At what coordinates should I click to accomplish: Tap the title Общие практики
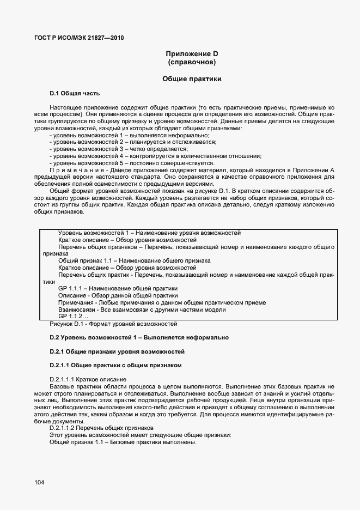pyautogui.click(x=192, y=79)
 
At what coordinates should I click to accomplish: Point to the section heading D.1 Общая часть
pyautogui.click(x=75, y=93)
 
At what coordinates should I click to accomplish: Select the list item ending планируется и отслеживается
pyautogui.click(x=132, y=142)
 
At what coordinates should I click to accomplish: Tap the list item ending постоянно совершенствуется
pyautogui.click(x=131, y=163)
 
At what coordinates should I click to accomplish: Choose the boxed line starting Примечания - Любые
pyautogui.click(x=162, y=302)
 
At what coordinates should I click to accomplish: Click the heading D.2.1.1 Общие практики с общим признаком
pyautogui.click(x=115, y=365)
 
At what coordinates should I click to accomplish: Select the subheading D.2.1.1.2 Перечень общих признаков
pyautogui.click(x=102, y=428)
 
